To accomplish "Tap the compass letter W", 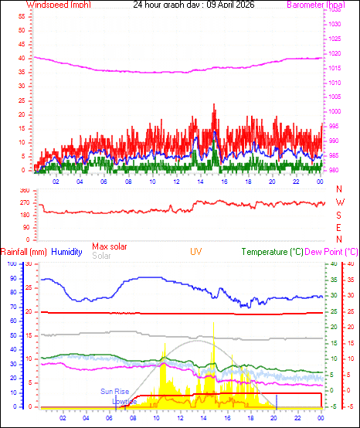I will click(x=339, y=202).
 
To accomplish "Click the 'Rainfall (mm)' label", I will click(x=23, y=252).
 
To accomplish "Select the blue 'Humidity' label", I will click(x=67, y=252).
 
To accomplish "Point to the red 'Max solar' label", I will click(x=111, y=246).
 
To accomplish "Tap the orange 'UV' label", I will click(x=197, y=252).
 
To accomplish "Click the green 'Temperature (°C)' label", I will click(x=273, y=252).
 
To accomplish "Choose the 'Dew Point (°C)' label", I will click(x=332, y=252).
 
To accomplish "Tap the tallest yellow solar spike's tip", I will click(x=213, y=322).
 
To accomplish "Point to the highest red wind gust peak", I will click(x=213, y=104).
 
